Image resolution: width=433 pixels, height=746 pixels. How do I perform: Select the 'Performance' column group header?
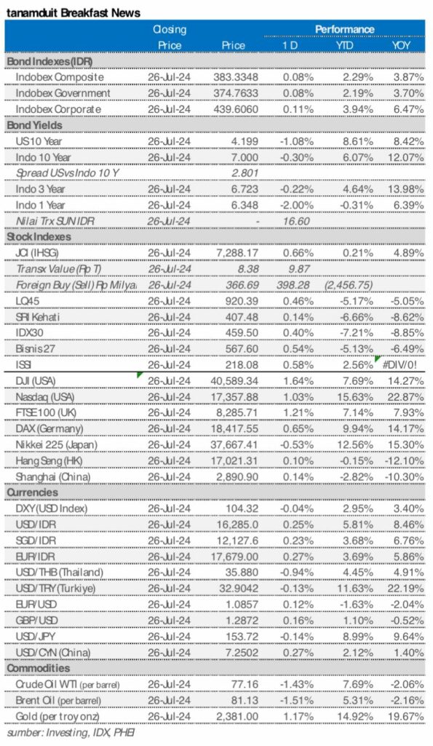tap(344, 29)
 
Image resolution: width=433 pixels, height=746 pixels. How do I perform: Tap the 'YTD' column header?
tap(345, 45)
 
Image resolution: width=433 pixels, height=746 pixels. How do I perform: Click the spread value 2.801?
tap(244, 173)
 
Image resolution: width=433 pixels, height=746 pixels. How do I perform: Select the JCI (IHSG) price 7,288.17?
tap(237, 252)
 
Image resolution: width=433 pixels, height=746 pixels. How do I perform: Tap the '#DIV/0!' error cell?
tap(402, 364)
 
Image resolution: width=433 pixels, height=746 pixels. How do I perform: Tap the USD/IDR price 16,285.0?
tap(237, 525)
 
